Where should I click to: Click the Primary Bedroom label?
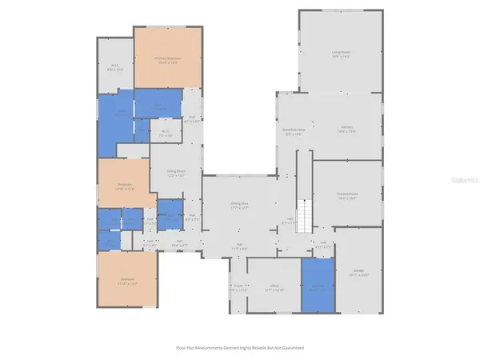tap(166, 58)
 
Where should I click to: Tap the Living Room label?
tap(342, 55)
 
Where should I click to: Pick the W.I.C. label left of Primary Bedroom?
tap(115, 68)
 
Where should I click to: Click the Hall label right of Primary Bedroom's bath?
tap(193, 120)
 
